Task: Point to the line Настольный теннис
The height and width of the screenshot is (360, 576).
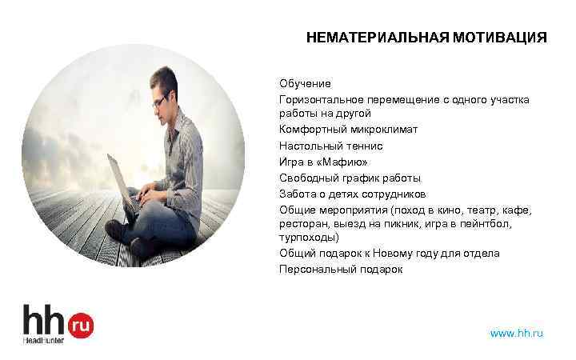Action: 320,146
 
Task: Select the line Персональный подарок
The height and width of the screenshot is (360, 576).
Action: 341,270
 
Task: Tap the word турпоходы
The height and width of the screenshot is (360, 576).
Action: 308,238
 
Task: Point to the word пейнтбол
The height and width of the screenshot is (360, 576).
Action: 507,224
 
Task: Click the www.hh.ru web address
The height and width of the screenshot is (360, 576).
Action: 516,332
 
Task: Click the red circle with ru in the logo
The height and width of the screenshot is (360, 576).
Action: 81,324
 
